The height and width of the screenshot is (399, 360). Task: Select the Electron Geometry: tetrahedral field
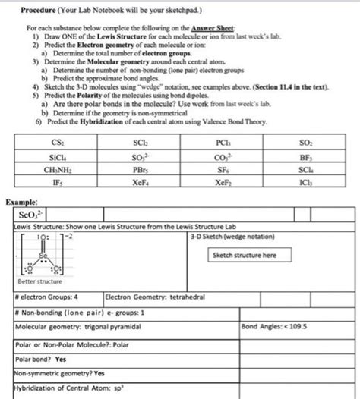(147, 297)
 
